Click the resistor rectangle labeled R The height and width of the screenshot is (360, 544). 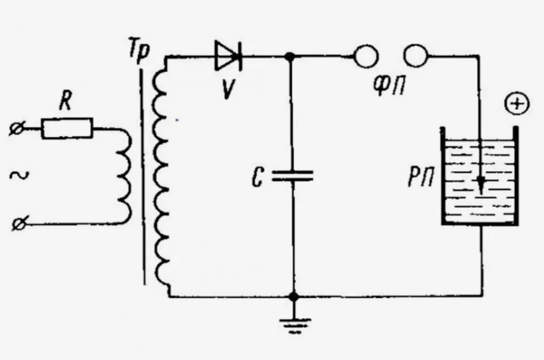pos(67,128)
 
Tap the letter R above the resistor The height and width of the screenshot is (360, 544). pos(66,102)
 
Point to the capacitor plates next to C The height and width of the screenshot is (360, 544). pos(292,176)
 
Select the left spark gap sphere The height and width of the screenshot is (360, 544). pos(366,57)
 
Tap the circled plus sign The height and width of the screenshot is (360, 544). pos(517,104)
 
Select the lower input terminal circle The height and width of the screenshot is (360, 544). pos(19,223)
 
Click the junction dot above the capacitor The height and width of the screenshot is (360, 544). pos(289,57)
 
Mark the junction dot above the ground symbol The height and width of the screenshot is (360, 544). pos(294,296)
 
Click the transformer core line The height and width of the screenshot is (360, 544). pos(143,177)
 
